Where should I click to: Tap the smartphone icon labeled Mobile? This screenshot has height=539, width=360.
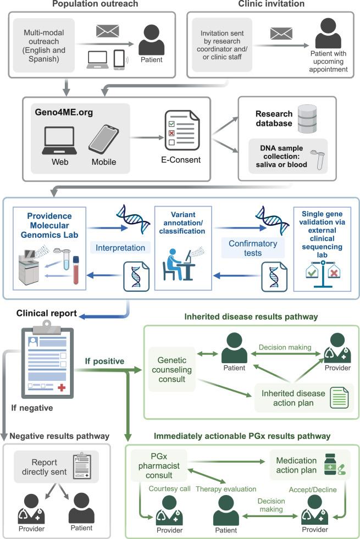103,140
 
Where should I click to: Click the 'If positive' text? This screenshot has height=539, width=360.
103,362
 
